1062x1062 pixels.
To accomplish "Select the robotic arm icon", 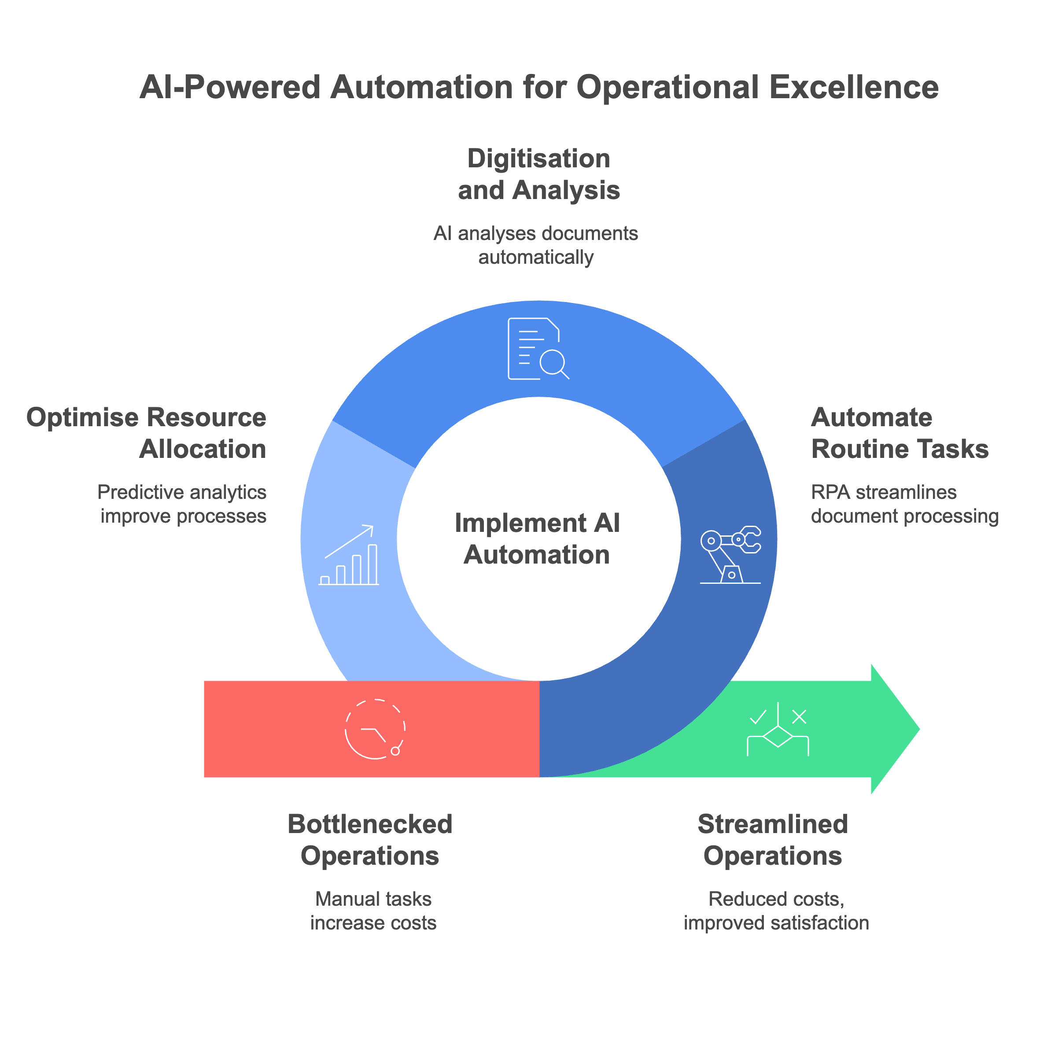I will tap(730, 555).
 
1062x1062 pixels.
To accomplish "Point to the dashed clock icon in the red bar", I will tap(375, 729).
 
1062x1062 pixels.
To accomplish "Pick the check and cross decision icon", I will tap(778, 729).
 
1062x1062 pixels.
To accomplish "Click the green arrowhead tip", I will tap(912, 729).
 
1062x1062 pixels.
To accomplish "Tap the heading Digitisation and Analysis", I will tap(538, 174).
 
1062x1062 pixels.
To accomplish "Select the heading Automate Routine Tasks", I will tap(899, 433).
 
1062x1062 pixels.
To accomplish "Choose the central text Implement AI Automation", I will tap(537, 538).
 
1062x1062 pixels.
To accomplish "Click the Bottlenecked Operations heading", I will tap(370, 840).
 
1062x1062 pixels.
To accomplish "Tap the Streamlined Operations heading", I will tap(772, 840).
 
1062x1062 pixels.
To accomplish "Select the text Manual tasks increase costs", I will tap(373, 911).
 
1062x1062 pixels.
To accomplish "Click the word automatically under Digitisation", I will tap(536, 257).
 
